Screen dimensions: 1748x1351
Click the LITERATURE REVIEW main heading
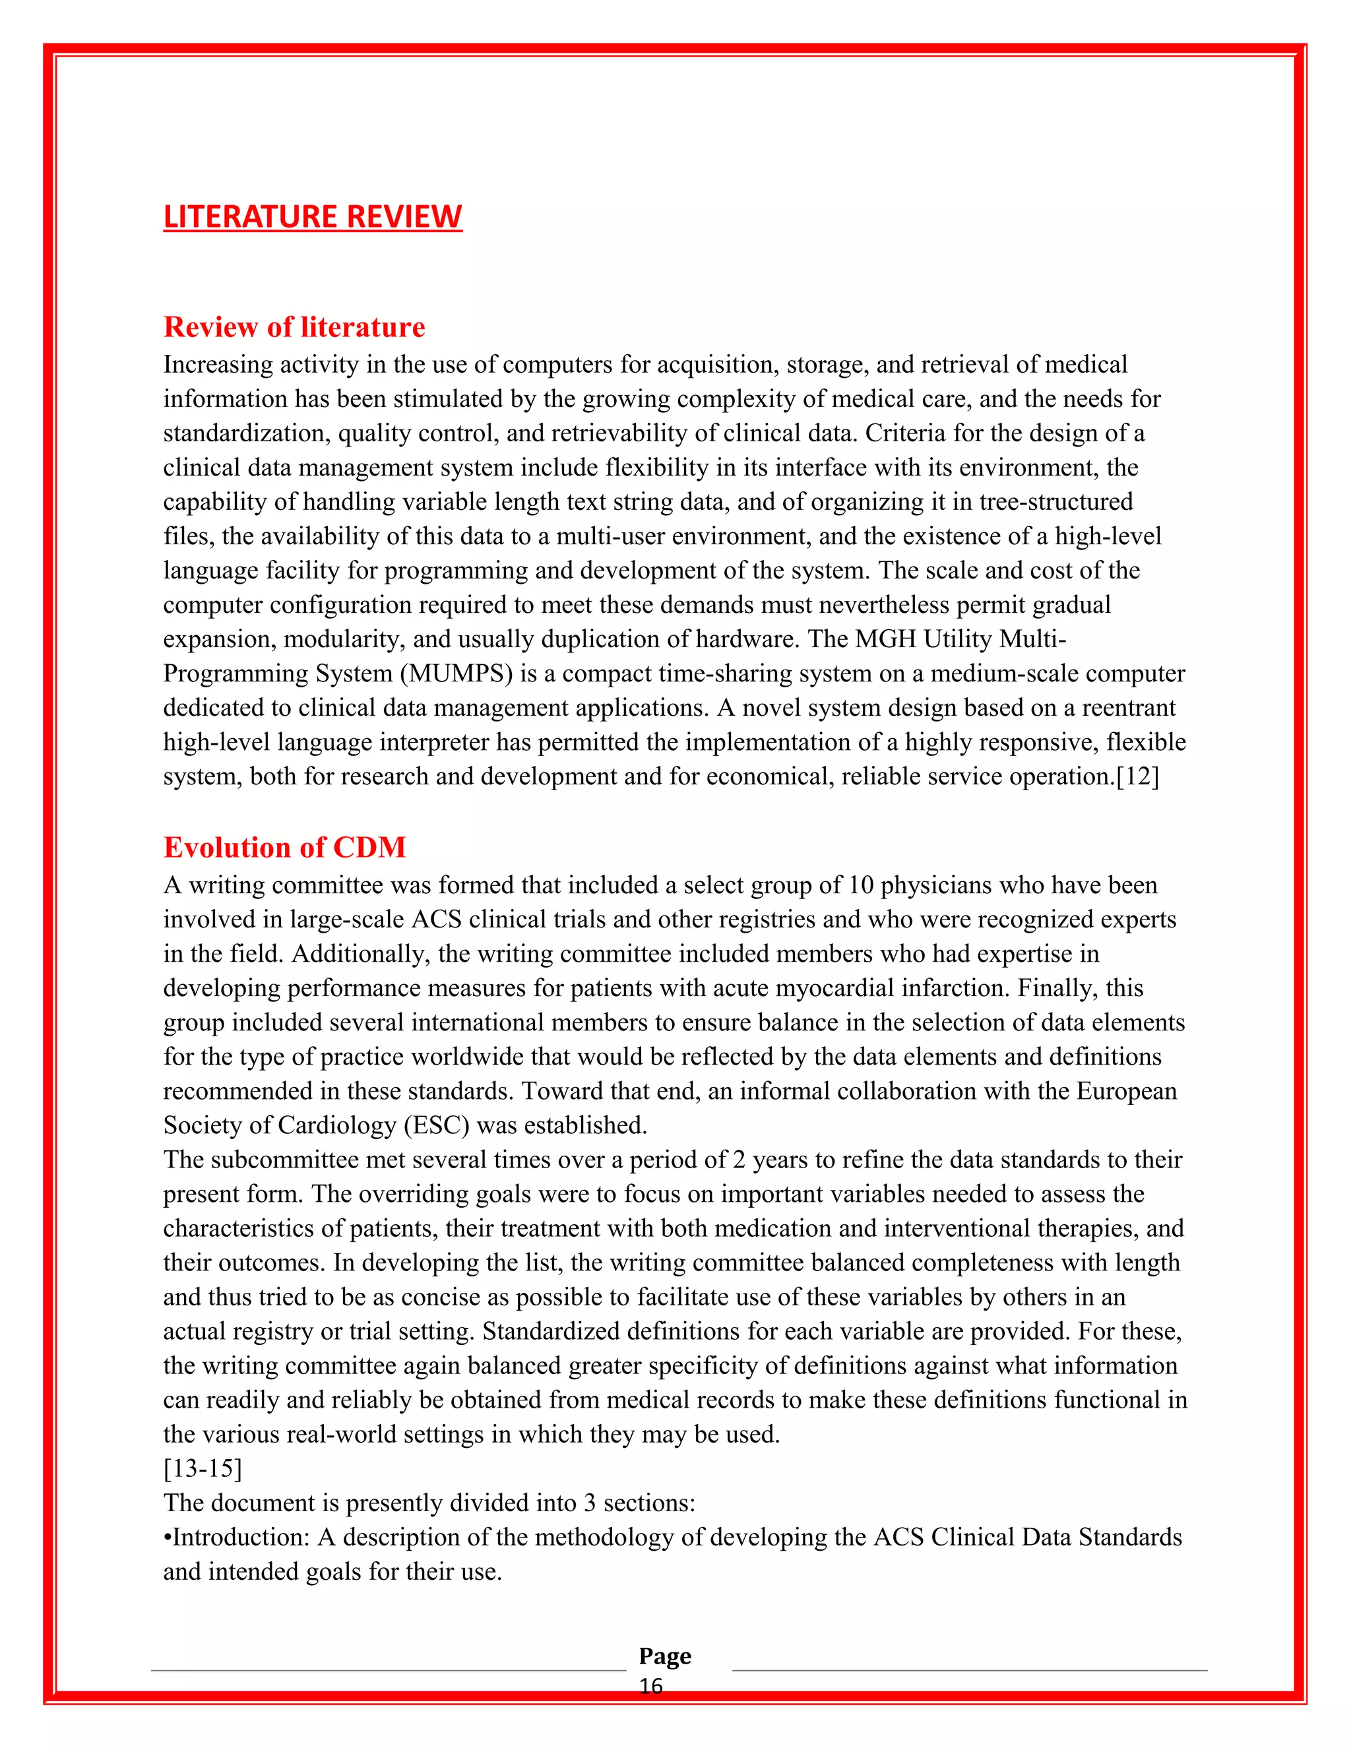312,216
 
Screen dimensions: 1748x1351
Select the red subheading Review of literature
294,327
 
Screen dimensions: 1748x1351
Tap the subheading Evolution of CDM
284,847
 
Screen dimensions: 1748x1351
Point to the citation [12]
1137,776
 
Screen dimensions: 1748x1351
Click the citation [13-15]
203,1469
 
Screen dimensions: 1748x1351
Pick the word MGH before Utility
885,639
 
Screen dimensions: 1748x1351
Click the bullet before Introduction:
168,1538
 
